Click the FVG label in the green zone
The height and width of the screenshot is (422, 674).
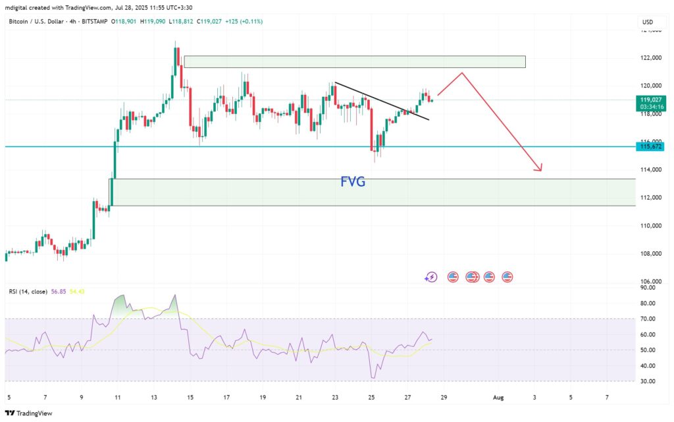[x=353, y=182]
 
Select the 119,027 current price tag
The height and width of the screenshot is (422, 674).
[x=650, y=100]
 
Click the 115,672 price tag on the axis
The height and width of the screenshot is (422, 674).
[x=650, y=146]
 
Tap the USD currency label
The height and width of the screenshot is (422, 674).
[x=648, y=22]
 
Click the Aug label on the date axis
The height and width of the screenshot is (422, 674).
[x=498, y=398]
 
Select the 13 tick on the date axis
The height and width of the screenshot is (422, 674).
[x=154, y=398]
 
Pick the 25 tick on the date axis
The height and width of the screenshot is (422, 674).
[x=371, y=398]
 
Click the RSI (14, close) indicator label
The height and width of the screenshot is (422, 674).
[x=28, y=291]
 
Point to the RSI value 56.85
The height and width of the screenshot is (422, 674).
[x=58, y=291]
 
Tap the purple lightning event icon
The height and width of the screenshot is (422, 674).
[x=431, y=277]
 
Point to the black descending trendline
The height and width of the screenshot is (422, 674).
[x=382, y=101]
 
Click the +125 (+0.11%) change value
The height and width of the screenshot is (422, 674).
[x=244, y=22]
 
